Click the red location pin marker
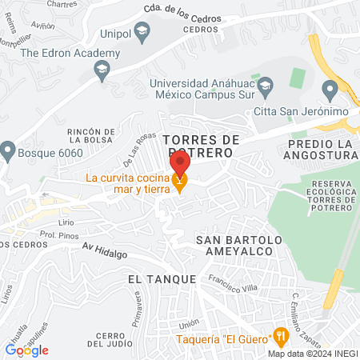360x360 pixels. pos(180,164)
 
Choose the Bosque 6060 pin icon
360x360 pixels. pos(8,150)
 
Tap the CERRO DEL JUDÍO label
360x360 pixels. pos(108,339)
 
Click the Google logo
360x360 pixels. pos(27,350)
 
